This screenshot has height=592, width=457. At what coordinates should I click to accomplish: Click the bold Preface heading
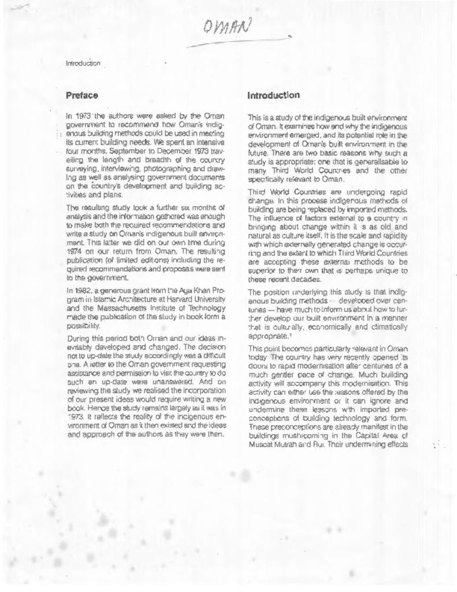tap(81, 94)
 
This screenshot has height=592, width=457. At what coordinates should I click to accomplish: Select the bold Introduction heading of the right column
tap(273, 95)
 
